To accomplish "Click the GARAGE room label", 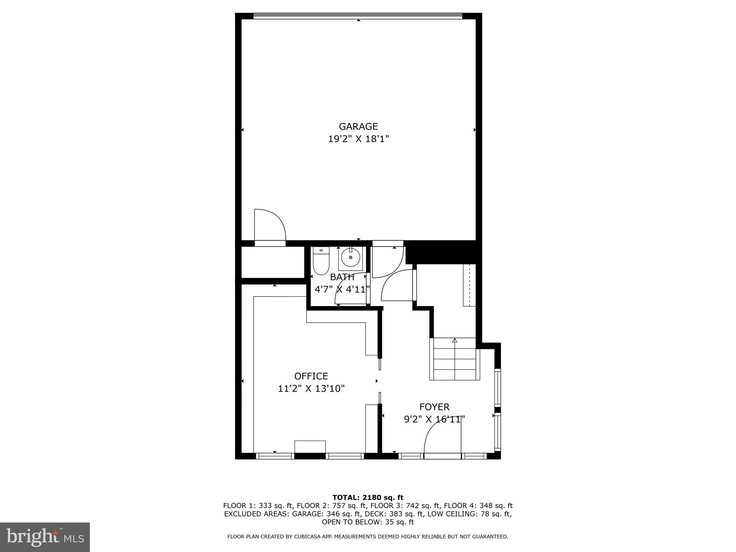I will tap(358, 126).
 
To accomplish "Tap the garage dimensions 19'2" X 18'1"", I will tap(358, 139).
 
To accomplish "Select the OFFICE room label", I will tap(311, 376).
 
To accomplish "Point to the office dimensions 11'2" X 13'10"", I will tap(311, 388).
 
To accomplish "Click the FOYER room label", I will tap(434, 407).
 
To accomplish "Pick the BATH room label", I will tap(342, 277).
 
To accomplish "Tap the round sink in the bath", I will tap(350, 258).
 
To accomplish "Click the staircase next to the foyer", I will tap(455, 359).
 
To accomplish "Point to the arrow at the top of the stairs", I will tap(455, 340).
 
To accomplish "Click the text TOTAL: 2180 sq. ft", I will tap(368, 498).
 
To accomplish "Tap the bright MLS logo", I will tap(45, 537).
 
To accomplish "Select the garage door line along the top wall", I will tap(358, 16).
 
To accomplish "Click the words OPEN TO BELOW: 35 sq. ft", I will tap(368, 522).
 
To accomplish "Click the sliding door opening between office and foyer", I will tap(380, 381).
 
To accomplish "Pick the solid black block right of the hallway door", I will tap(443, 252).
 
